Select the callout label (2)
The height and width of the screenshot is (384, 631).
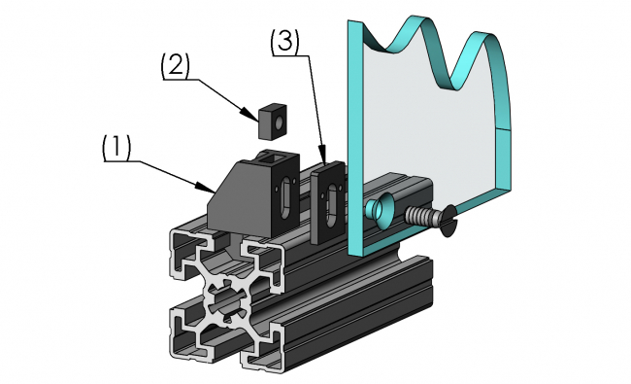(176, 65)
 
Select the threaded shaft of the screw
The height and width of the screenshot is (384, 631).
(422, 216)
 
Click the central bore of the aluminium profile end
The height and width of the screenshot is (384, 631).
(225, 296)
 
